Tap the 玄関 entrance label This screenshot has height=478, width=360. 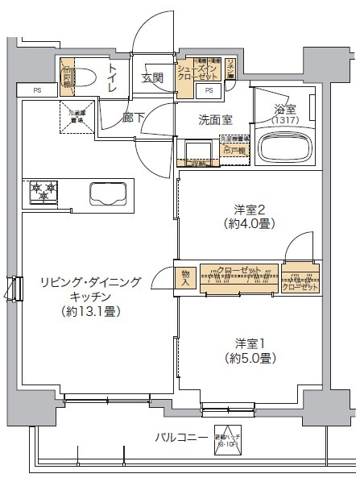click(x=153, y=78)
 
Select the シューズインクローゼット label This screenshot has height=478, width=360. click(x=199, y=79)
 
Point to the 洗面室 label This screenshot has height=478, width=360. click(x=216, y=120)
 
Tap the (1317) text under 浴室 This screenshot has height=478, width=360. click(x=283, y=120)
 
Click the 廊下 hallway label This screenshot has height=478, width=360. click(x=133, y=117)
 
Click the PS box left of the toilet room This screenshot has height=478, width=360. click(x=37, y=90)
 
